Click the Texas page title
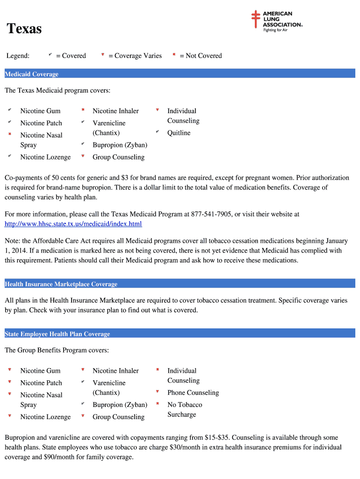[x=24, y=29]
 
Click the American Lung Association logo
[x=277, y=22]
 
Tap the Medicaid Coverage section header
[x=31, y=74]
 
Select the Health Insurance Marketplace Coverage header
[x=61, y=284]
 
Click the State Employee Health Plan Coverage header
[x=57, y=334]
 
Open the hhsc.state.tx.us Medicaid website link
[x=73, y=224]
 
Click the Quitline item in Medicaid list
[x=179, y=133]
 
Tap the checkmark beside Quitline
[x=158, y=132]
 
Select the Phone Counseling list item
[x=193, y=392]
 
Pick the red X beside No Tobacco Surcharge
[x=158, y=404]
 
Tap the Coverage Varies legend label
[x=135, y=56]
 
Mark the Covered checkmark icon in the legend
[x=50, y=55]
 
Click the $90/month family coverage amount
[x=59, y=457]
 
